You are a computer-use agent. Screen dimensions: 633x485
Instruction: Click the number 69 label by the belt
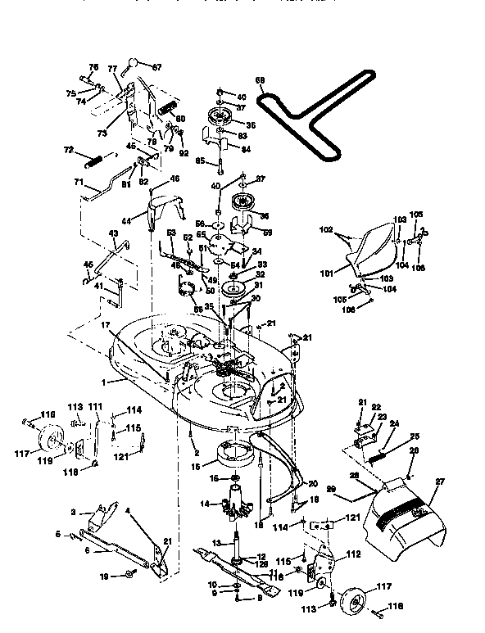click(x=260, y=80)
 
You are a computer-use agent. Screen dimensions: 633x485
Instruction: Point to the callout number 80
click(x=180, y=118)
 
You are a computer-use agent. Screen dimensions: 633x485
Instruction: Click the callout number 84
click(x=246, y=148)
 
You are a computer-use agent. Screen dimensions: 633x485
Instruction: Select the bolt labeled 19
click(x=130, y=577)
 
